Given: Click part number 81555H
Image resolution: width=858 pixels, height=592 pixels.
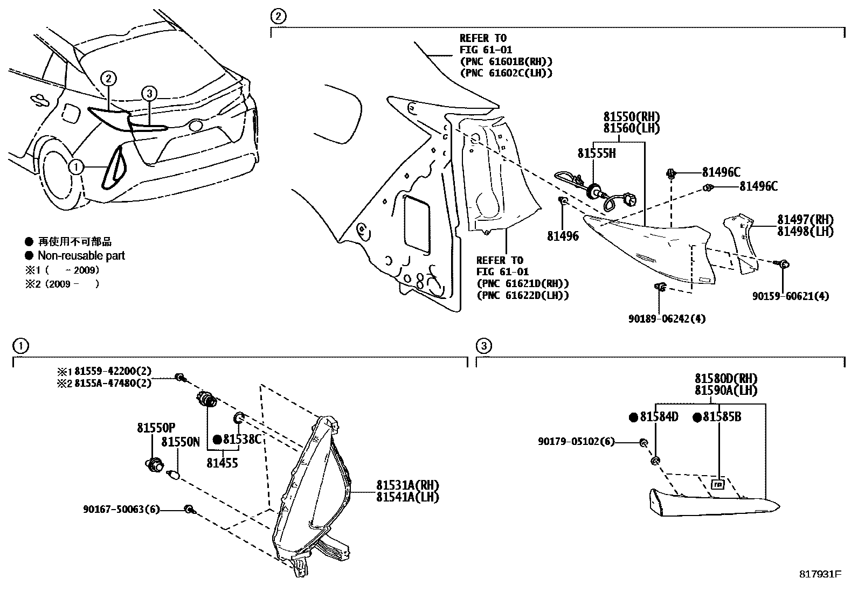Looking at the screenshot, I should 596,154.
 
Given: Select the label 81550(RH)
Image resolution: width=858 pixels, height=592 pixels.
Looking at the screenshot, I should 631,117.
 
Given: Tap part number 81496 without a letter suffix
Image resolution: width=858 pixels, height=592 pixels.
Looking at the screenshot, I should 563,236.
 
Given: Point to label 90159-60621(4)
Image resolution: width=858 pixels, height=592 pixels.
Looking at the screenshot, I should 790,296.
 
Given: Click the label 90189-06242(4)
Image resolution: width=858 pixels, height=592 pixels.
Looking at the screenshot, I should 666,319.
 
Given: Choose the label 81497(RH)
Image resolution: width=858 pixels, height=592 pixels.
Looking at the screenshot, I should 805,220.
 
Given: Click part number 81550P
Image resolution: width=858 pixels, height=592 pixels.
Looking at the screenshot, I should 156,428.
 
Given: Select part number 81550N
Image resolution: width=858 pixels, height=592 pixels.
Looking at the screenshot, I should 181,443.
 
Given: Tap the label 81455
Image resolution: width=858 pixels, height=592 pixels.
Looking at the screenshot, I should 222,463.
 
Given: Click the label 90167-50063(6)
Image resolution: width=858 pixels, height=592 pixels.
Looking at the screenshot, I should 122,509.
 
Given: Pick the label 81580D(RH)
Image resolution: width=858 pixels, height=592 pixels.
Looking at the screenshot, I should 725,379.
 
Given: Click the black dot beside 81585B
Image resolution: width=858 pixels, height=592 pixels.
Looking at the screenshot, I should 696,417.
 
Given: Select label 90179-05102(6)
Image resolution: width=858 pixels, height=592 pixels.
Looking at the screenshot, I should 576,442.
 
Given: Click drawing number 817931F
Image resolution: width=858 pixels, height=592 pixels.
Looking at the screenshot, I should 820,574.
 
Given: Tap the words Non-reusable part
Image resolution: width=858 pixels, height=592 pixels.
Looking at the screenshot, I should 81,256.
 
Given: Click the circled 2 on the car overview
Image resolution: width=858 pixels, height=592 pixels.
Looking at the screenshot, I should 108,79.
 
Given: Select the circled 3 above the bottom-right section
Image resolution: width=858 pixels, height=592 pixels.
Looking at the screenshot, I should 484,346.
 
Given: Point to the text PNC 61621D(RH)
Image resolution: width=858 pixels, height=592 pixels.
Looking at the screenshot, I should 522,283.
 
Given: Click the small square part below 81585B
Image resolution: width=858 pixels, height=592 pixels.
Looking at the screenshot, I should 718,484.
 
